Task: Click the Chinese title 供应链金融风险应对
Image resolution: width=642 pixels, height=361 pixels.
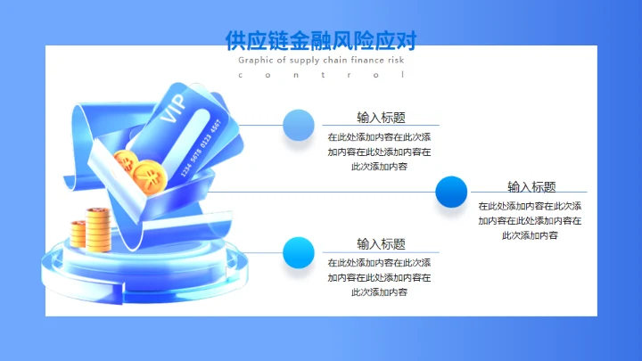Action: [321, 40]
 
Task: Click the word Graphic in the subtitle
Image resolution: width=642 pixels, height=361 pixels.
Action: [256, 60]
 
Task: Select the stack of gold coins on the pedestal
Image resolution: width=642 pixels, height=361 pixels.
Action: [92, 229]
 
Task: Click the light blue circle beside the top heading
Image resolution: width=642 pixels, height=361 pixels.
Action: [298, 125]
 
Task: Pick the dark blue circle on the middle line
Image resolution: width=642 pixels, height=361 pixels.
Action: [451, 193]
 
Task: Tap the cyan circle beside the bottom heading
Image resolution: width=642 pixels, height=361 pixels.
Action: [298, 253]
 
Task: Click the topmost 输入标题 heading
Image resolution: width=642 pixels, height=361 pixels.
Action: [381, 117]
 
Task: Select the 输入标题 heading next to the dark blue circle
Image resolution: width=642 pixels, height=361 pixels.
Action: [531, 186]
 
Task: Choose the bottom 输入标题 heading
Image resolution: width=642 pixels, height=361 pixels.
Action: [381, 243]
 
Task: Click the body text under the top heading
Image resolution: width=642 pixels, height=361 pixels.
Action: [380, 152]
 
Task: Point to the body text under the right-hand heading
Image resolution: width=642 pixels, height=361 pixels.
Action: [531, 221]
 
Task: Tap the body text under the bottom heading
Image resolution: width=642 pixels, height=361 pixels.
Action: [380, 277]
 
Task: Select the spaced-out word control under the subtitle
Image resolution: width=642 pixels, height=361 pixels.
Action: [321, 76]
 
